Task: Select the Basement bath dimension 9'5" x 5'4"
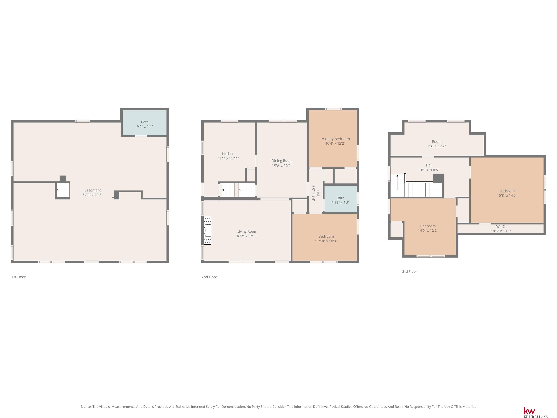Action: tap(145, 126)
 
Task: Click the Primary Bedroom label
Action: tap(335, 139)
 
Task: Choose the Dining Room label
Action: tap(282, 161)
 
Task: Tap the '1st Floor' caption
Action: tap(19, 277)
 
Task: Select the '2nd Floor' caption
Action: tap(209, 277)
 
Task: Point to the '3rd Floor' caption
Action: tap(409, 272)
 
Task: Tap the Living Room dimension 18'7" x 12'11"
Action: tap(247, 236)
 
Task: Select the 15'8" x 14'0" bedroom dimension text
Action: tap(507, 196)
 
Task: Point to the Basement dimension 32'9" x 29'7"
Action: tap(93, 195)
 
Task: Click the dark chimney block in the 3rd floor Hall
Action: tap(438, 178)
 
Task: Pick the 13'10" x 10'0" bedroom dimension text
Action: tap(326, 241)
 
